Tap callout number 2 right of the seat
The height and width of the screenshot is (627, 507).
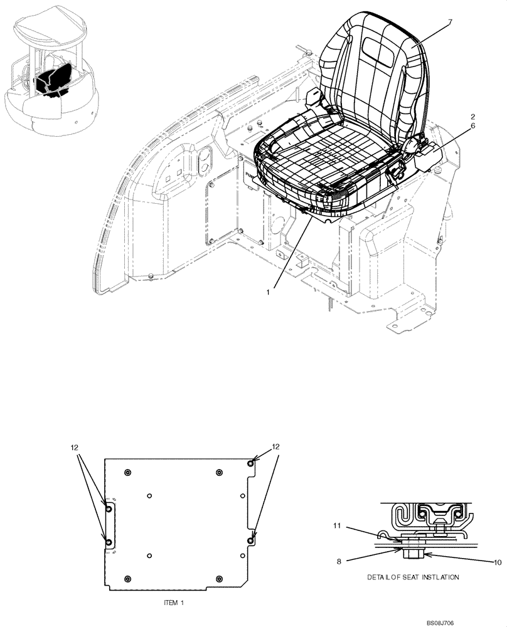[x=472, y=117]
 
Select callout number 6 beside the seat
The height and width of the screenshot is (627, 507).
[x=472, y=126]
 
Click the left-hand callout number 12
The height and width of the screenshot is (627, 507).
[x=74, y=448]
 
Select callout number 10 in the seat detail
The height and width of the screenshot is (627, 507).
[x=497, y=562]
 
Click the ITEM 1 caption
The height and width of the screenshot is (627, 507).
[x=174, y=601]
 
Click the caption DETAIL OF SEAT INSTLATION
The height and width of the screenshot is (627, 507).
[x=413, y=577]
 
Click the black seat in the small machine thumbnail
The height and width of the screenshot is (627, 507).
[x=51, y=80]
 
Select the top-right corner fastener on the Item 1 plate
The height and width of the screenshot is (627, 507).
[x=251, y=463]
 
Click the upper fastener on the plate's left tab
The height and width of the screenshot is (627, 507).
[x=109, y=510]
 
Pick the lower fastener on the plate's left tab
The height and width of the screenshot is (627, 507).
[x=109, y=541]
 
